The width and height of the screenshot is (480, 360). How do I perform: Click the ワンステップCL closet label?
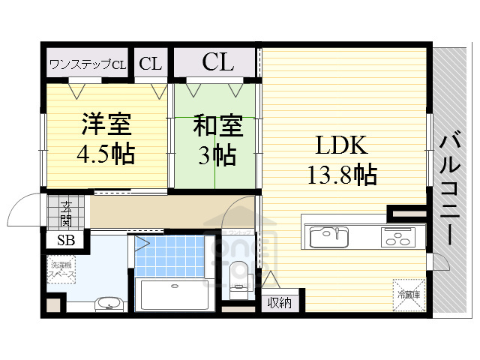88,64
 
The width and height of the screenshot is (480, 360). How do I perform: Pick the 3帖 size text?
217,155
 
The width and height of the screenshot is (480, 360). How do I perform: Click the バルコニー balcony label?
451,187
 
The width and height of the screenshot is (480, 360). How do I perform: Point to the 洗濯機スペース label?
62,270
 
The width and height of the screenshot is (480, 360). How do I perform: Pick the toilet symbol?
238,274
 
